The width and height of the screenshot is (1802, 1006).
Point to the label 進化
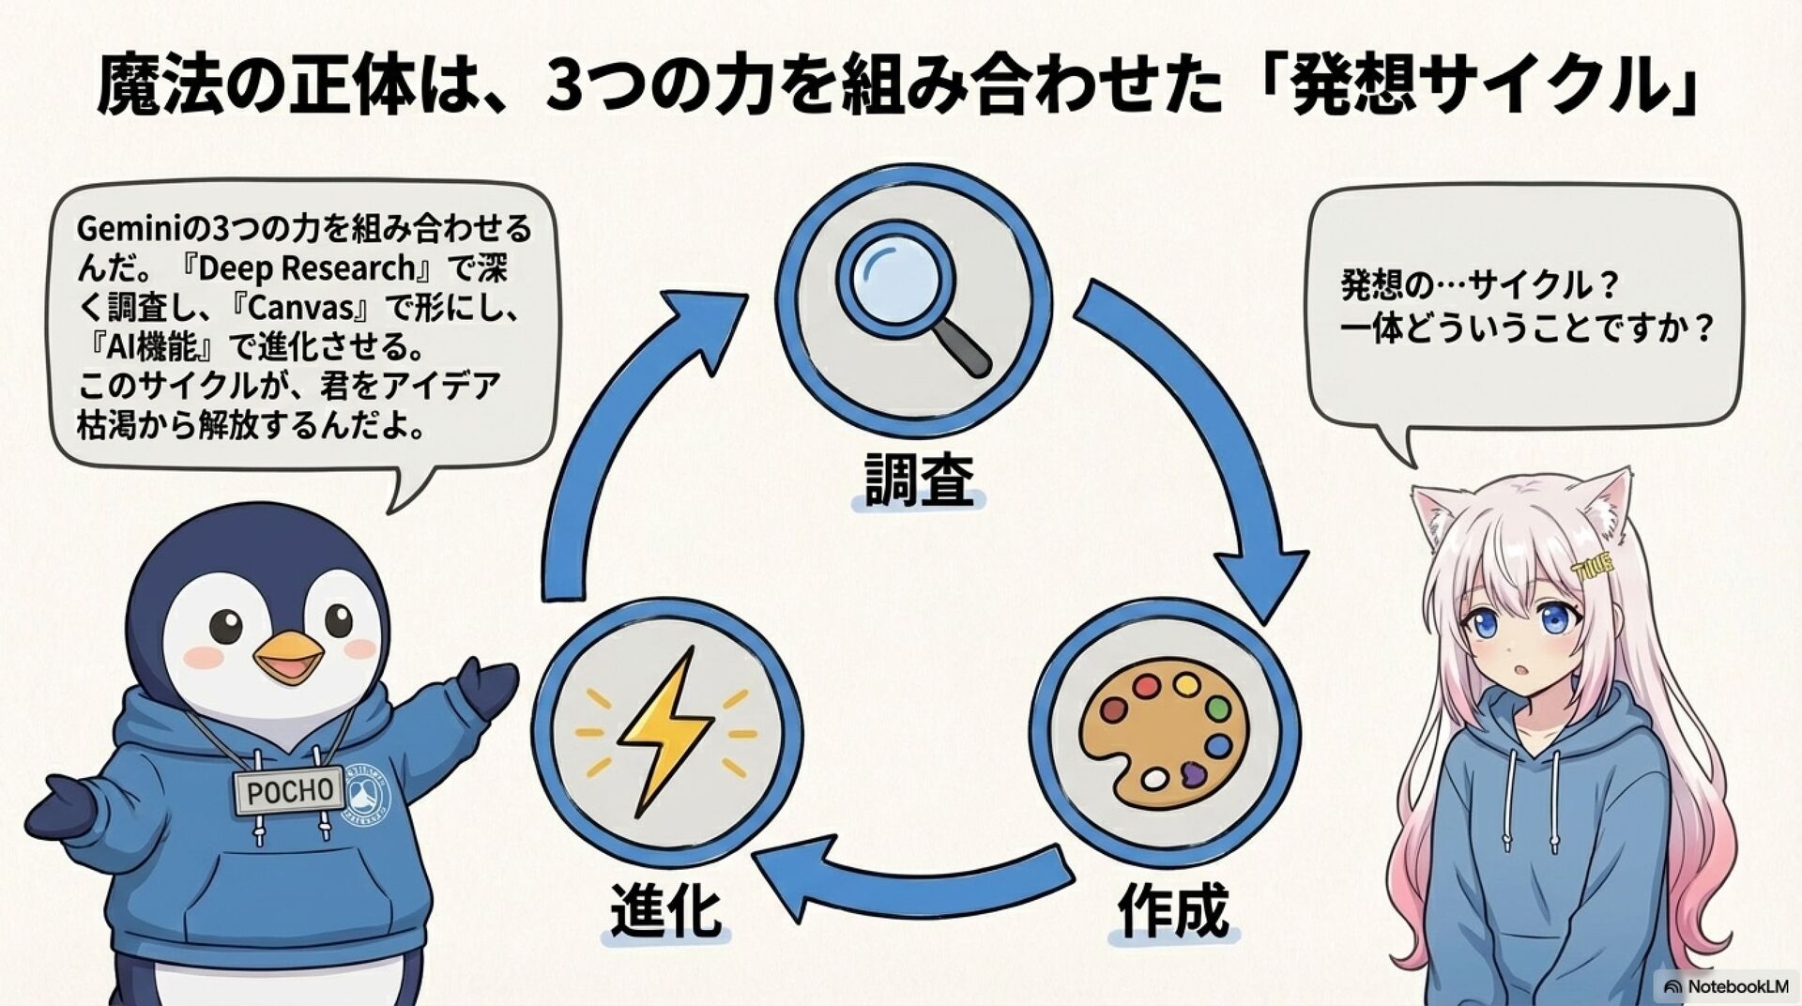click(665, 910)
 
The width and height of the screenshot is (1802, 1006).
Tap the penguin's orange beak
click(287, 657)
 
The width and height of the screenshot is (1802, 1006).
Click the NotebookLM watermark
click(1727, 986)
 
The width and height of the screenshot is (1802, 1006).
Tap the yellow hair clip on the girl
click(1592, 565)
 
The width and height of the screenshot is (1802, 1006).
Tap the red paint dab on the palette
click(1145, 687)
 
